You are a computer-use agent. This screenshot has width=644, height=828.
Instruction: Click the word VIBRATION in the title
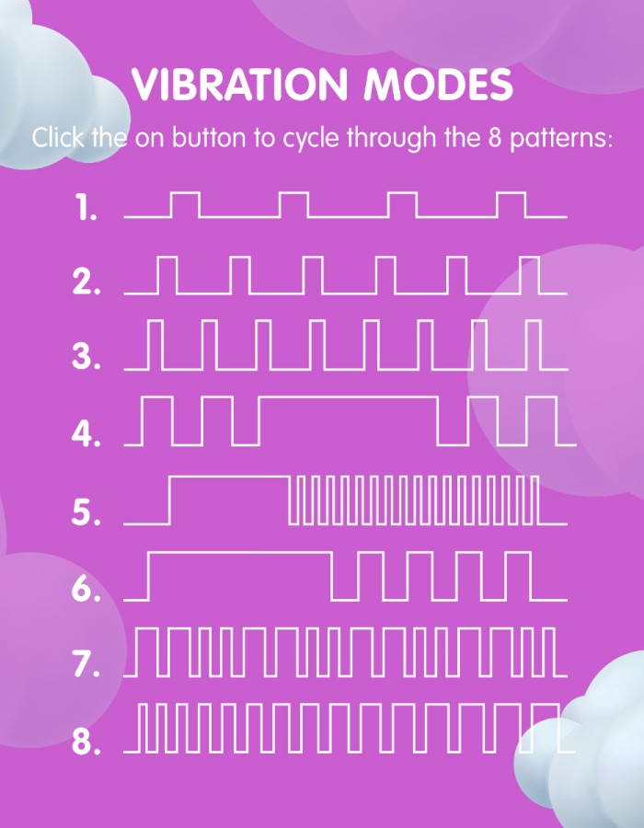pos(239,85)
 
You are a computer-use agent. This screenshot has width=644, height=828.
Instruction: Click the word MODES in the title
pos(439,85)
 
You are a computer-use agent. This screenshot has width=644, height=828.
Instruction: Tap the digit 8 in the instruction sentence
pos(494,138)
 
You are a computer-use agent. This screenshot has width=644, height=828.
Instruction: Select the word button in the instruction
pos(209,138)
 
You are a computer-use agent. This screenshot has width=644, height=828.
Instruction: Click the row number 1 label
pos(86,207)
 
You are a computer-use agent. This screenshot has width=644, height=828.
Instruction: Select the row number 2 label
pos(86,282)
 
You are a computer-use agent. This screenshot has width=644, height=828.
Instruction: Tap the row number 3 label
pos(86,358)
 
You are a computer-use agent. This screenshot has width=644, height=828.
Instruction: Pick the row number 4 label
pos(86,434)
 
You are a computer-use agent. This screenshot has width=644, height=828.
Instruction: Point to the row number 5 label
pos(86,512)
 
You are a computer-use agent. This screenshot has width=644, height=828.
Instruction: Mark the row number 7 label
pos(86,663)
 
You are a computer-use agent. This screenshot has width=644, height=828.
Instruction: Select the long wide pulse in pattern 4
pos(349,397)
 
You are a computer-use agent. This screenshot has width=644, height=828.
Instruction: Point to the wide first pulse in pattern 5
pos(229,477)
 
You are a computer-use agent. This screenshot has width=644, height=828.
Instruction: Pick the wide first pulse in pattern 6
pos(240,553)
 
